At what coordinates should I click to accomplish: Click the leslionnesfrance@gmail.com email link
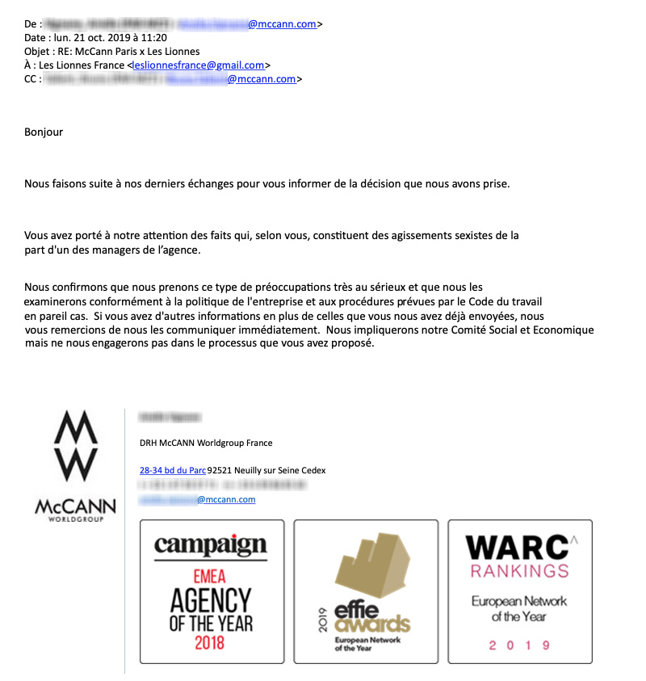coord(198,65)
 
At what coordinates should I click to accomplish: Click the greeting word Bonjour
coord(44,132)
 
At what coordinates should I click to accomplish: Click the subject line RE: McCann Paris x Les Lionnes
coord(125,51)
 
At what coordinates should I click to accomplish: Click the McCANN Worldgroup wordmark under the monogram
coord(75,508)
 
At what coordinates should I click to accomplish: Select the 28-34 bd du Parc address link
coord(173,470)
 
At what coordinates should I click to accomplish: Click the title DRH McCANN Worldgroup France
coord(206,443)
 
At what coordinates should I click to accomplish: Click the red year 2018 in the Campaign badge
coord(211,644)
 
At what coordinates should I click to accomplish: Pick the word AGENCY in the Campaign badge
coord(211,600)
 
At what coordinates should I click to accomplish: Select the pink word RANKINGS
coord(520,571)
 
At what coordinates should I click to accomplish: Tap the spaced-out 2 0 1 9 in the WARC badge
coord(520,645)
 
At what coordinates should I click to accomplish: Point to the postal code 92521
coord(220,470)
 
